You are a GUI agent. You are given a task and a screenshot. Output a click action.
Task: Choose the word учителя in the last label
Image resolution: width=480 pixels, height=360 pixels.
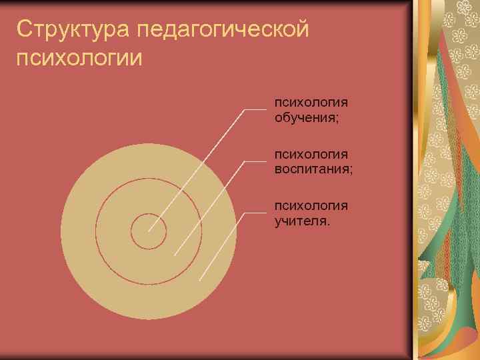[x=299, y=220]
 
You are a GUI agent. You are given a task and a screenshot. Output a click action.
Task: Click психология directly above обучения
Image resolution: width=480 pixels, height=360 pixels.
[x=311, y=103]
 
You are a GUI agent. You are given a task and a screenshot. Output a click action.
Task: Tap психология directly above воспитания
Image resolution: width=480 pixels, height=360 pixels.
[x=311, y=154]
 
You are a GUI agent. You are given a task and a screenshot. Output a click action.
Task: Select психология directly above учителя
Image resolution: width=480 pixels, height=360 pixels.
[x=311, y=205]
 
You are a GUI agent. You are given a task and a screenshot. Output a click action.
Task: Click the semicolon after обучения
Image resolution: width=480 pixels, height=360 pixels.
[x=337, y=119]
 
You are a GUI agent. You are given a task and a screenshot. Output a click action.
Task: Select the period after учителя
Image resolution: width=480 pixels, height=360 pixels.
[x=327, y=223]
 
